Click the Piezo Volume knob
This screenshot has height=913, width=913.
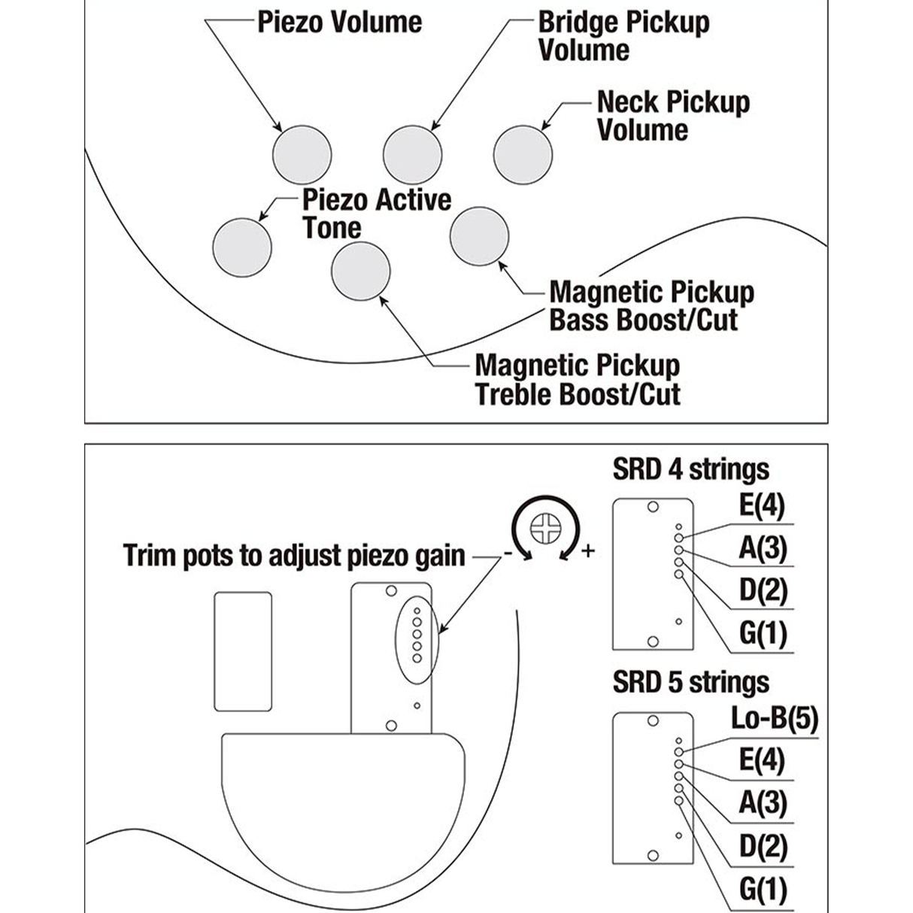coord(301,153)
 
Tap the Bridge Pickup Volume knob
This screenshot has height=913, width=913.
coord(412,155)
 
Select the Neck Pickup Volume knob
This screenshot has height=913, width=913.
coord(523,153)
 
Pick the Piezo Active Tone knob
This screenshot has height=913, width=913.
coord(241,247)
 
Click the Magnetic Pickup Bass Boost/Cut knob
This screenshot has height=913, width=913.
coord(479,236)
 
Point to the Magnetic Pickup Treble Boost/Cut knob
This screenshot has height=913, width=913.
coord(360,271)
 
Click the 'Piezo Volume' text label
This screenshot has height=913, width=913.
coord(339,22)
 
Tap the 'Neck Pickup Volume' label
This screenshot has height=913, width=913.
coord(672,116)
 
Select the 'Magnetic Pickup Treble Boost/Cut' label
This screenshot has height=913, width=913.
coord(578,380)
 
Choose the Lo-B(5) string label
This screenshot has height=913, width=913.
coord(774,719)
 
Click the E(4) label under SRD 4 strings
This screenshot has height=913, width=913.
coord(762,505)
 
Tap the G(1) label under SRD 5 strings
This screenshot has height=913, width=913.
coord(763,890)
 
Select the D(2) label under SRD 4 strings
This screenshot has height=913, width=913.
coord(763,590)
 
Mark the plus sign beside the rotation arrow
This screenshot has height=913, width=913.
coord(587,551)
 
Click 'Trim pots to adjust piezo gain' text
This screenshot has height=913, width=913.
coord(294,556)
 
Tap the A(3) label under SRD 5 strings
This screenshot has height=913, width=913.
coord(763,803)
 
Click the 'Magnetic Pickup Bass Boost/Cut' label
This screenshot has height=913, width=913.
coord(651,306)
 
